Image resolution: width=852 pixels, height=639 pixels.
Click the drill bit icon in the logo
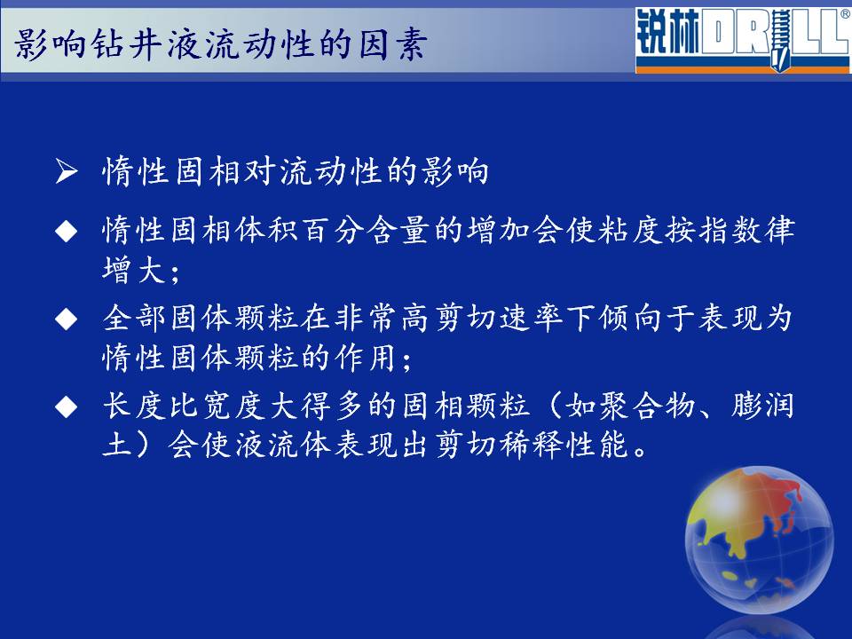[x=780, y=39]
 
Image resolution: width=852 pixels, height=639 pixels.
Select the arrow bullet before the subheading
[x=67, y=171]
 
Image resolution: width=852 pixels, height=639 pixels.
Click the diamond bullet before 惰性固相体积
[x=67, y=231]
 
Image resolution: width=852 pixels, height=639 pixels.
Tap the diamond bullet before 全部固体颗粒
[x=67, y=319]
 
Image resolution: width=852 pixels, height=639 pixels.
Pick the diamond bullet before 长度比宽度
[x=67, y=406]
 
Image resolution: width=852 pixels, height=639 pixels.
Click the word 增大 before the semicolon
[x=134, y=270]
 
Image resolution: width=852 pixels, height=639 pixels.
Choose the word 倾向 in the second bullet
[x=630, y=318]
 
